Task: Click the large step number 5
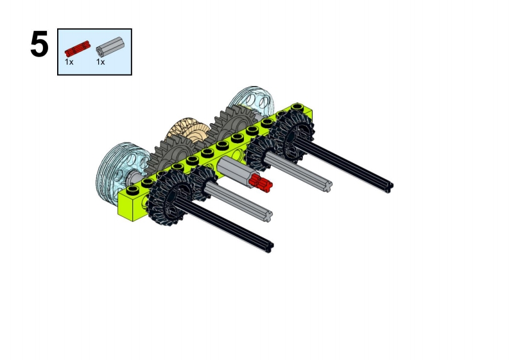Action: (x=39, y=44)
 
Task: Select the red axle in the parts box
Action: (x=77, y=48)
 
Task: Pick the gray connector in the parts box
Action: (x=110, y=46)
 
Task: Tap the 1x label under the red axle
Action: (x=69, y=62)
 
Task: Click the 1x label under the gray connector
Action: (x=100, y=62)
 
